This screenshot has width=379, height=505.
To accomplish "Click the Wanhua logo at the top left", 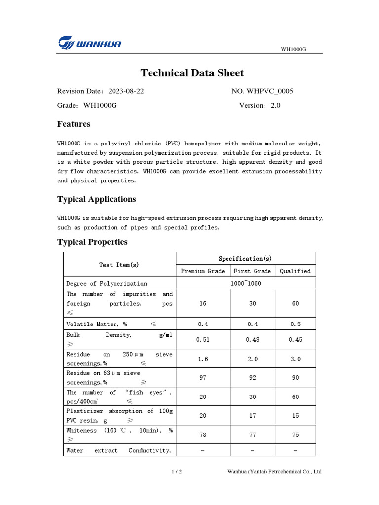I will [x=89, y=43].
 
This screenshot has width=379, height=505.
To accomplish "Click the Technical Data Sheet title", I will [x=192, y=73].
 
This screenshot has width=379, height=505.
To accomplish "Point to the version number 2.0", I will [x=275, y=105].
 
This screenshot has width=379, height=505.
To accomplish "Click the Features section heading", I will [x=74, y=124].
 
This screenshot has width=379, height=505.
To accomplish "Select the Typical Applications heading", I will [x=96, y=199].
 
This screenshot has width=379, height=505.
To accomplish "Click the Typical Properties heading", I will [x=92, y=242].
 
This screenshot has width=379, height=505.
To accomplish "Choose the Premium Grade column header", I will [x=203, y=271].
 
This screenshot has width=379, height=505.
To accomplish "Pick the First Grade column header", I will [x=252, y=271].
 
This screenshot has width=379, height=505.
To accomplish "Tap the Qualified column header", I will [x=295, y=271].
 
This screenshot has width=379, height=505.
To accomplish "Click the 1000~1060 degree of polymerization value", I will [x=246, y=283].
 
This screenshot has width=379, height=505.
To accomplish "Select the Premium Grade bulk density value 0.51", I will [x=203, y=339].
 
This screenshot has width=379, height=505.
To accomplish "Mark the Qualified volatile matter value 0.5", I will [x=295, y=324].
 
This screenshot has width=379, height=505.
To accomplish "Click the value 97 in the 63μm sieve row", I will [x=203, y=377].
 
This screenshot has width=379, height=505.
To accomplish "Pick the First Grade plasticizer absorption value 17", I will [x=252, y=415].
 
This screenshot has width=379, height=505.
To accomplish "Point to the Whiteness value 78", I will [x=203, y=434].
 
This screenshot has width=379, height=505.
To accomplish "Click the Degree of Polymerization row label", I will [x=107, y=283].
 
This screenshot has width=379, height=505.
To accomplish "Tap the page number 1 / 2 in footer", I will [x=177, y=472].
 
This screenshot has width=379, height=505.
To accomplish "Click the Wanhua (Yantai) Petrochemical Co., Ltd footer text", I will [x=274, y=472].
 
